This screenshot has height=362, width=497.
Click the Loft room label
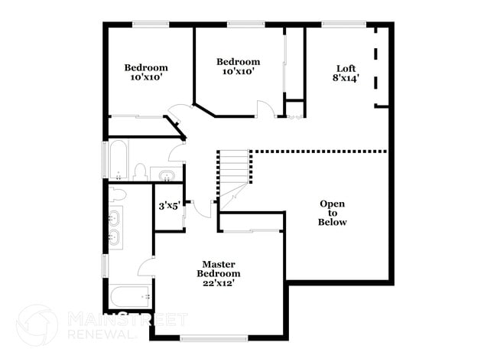[x=346, y=68]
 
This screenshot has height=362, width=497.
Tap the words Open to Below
[x=333, y=213]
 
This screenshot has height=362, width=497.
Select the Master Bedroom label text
[x=218, y=269]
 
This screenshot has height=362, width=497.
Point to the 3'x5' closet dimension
[x=167, y=206]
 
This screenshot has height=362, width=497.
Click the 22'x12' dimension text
[x=218, y=283]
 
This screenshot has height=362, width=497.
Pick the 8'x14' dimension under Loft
[x=346, y=78]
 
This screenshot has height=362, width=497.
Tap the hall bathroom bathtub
[x=119, y=159]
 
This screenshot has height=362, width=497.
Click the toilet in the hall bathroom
[x=141, y=171]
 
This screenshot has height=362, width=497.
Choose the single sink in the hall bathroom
[x=165, y=175]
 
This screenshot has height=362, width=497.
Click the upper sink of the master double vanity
[x=115, y=216]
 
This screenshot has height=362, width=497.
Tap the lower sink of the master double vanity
[x=115, y=238]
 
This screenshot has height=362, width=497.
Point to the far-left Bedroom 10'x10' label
[x=145, y=72]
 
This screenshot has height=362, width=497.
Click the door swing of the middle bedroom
[x=265, y=109]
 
